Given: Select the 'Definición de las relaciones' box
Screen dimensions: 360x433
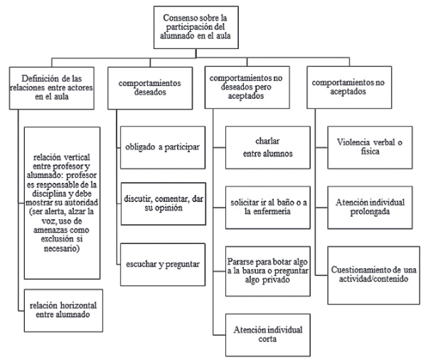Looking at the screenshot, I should point(53,88).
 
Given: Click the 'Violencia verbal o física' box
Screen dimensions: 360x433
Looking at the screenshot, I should point(368,147).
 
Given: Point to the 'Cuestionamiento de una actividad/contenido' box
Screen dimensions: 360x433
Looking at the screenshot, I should point(368,275).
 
